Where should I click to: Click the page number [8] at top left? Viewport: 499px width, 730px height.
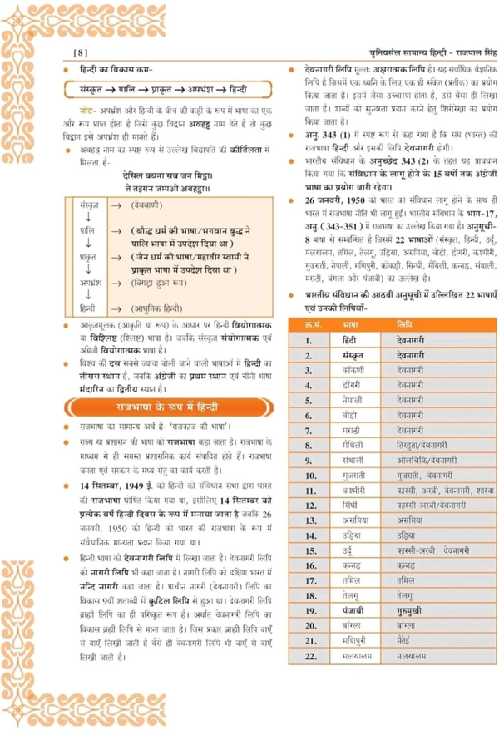click(80, 52)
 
